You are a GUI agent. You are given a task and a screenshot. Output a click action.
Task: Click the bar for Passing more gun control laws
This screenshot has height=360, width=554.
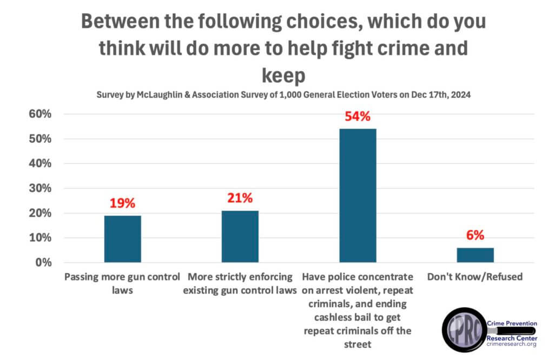(122, 239)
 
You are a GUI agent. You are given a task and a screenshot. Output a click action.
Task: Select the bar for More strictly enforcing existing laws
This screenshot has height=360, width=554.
(240, 236)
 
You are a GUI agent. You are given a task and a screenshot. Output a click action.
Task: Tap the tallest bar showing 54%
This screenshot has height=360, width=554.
(358, 195)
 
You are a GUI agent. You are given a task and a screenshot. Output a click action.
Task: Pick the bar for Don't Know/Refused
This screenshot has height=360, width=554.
(476, 255)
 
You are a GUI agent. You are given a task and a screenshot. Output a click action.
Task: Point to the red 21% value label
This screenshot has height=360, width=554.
(240, 198)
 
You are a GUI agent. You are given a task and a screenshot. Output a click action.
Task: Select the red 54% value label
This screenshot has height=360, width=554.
(358, 116)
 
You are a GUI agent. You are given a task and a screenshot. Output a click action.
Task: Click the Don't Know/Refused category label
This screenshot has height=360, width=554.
(475, 277)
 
